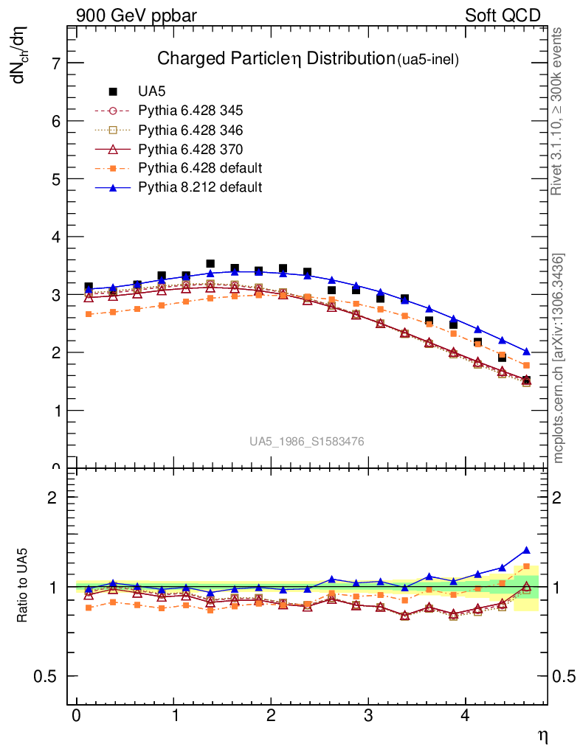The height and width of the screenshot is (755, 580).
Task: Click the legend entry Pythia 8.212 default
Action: [x=200, y=187]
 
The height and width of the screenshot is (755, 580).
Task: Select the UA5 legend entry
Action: [x=152, y=91]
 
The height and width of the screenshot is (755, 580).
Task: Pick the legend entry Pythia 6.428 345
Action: [x=190, y=111]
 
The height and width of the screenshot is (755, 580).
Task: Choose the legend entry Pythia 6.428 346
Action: [x=190, y=130]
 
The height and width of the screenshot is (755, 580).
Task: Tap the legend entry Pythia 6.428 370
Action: [x=190, y=149]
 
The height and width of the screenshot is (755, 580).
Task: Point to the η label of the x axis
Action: [x=542, y=735]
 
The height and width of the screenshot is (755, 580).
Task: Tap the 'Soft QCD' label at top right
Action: [x=503, y=15]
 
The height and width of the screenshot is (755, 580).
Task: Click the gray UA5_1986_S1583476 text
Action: [x=306, y=442]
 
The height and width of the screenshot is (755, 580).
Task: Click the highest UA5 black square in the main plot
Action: [x=210, y=263]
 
